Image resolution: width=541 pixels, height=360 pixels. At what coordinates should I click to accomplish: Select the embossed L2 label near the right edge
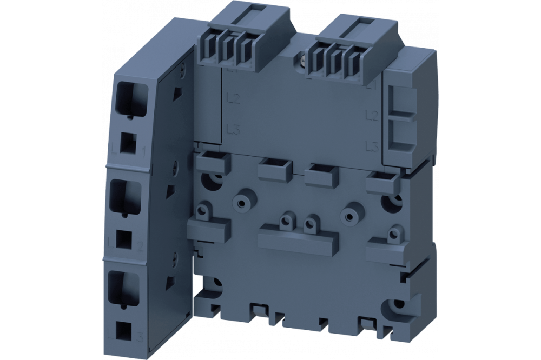[371, 115]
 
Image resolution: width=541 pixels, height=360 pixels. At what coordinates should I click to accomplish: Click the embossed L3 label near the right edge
[371, 145]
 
